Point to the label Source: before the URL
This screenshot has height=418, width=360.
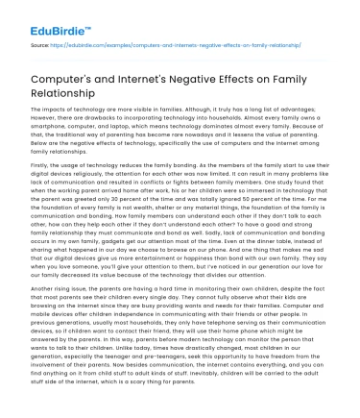tap(39, 43)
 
